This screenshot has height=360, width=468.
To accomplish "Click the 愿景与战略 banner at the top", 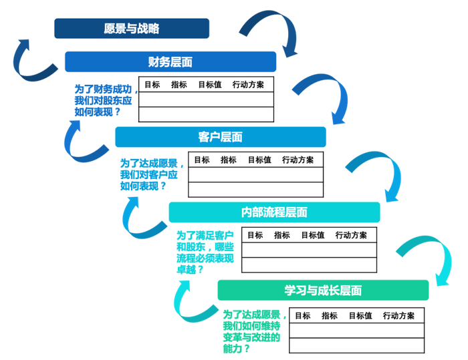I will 131,29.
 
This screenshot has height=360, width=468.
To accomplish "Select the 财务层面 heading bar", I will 170,62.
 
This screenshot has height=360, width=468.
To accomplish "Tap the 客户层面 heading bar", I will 220,137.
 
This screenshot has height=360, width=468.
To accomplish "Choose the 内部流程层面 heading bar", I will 274,212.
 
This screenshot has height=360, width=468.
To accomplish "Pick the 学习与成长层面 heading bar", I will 323,291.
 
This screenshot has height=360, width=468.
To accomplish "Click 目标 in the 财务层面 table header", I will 152,85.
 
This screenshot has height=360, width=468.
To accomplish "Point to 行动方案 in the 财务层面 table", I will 248,85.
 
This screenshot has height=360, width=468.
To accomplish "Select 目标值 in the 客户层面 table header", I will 259,160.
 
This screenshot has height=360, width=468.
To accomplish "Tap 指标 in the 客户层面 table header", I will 229,160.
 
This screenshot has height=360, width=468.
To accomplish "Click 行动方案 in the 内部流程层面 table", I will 351,235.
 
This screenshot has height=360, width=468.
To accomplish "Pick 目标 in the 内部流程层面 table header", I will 255,235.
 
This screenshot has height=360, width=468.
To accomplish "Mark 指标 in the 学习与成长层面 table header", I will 330,315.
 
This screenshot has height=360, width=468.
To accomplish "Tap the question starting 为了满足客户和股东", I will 205,252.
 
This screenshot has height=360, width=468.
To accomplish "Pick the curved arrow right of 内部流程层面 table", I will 425,257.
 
